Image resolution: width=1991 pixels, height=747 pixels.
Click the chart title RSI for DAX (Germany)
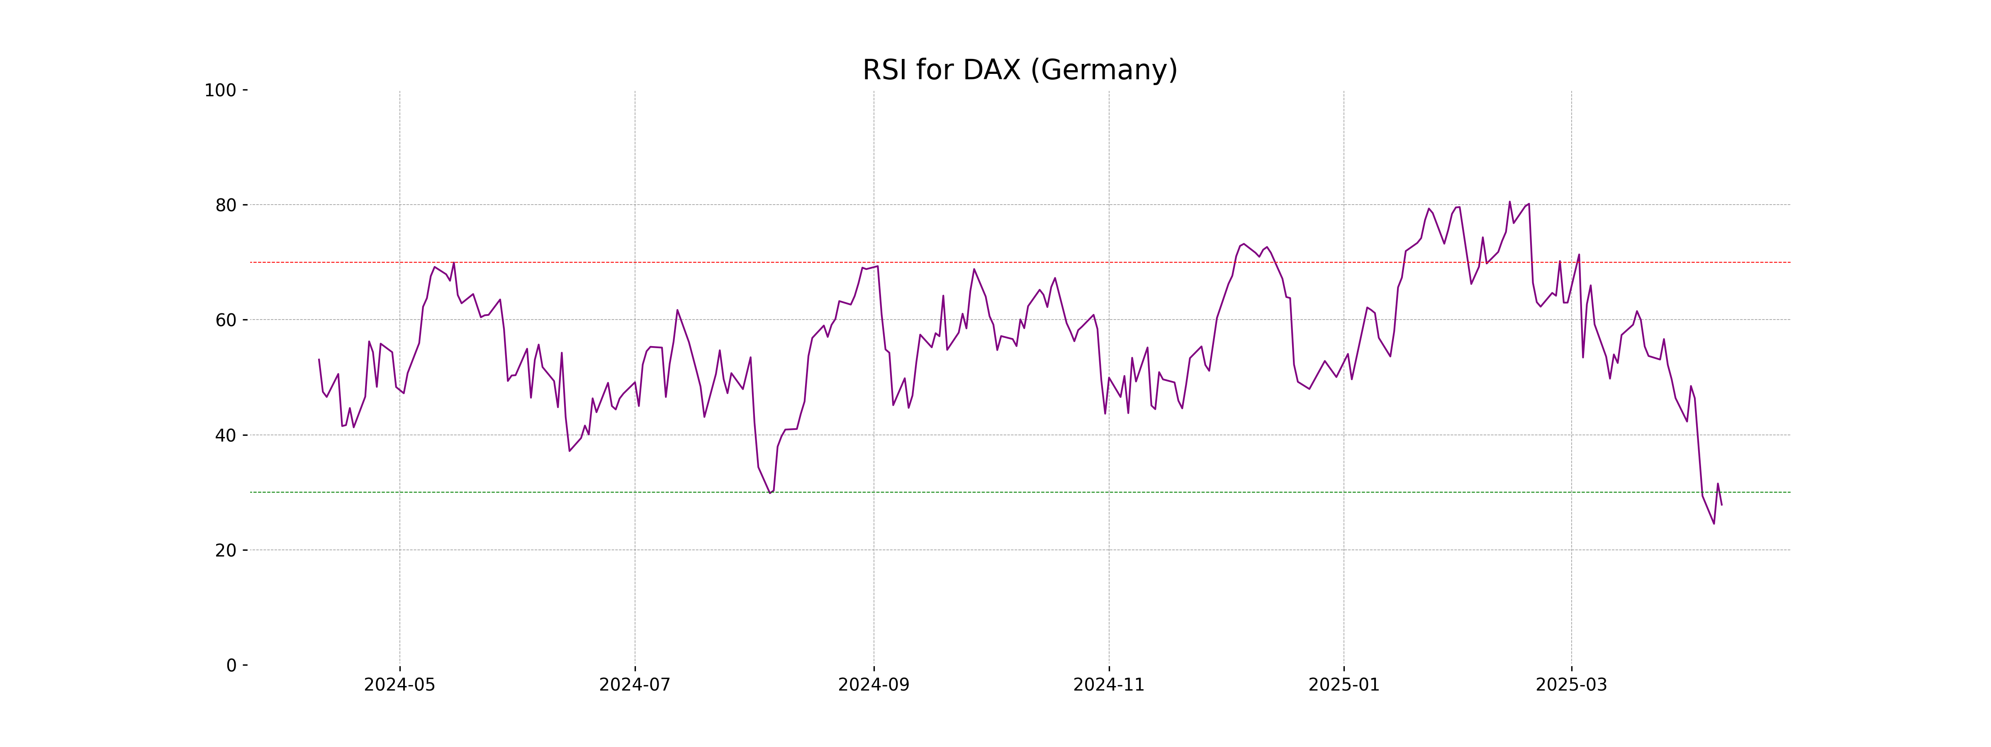coord(1020,71)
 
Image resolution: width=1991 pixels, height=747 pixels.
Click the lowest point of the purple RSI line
coord(1714,523)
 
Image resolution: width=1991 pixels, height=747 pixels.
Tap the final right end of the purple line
coord(1721,505)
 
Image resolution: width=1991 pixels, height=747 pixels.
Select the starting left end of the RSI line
coord(319,359)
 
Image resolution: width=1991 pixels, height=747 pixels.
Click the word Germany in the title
coord(1105,71)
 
